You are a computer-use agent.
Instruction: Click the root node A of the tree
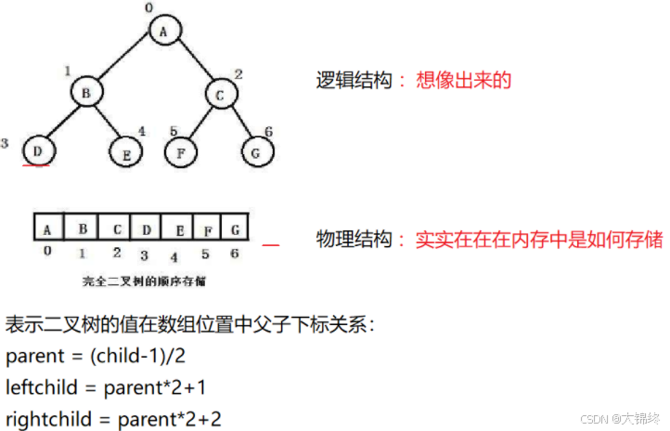[x=164, y=32]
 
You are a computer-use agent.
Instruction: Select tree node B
[x=85, y=93]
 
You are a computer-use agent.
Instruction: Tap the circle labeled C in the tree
[x=221, y=94]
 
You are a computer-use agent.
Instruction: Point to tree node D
[x=37, y=150]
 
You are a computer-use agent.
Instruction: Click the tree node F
[x=183, y=150]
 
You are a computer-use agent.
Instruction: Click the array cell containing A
[x=47, y=227]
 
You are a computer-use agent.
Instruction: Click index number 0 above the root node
[x=148, y=8]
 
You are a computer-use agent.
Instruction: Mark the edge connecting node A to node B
[x=125, y=61]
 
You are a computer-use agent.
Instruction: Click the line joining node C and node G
[x=238, y=122]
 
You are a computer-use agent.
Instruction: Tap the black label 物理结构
[x=349, y=240]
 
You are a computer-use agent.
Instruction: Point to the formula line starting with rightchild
[x=113, y=416]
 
